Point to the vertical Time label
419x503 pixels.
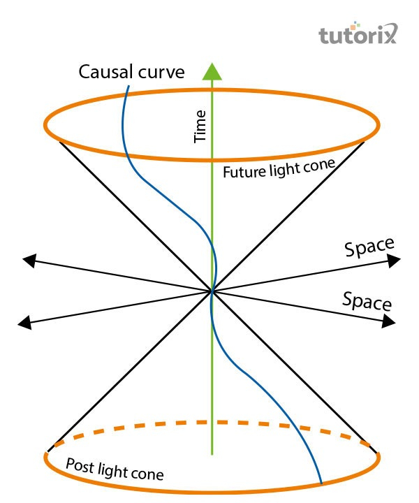click(201, 126)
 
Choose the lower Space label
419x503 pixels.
click(367, 301)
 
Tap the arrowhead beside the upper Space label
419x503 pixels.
click(395, 260)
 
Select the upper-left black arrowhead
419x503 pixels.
click(29, 260)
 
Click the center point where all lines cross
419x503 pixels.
click(212, 291)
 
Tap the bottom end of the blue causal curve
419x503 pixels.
click(321, 483)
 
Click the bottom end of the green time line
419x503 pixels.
click(212, 455)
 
